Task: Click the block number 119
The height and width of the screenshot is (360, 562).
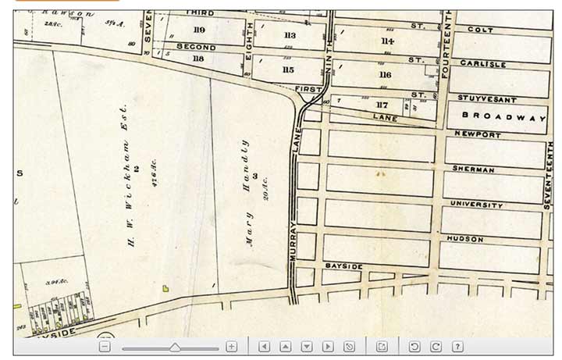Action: coord(199,30)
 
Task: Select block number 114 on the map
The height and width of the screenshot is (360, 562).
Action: coord(386,41)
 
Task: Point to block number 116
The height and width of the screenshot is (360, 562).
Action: coord(384,75)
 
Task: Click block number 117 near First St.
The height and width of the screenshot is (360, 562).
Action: coord(382,104)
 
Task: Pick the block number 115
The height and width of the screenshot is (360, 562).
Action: coord(288,70)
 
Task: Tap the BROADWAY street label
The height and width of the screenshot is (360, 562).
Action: coord(503,117)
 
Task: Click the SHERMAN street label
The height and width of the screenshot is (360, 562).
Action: coord(473,169)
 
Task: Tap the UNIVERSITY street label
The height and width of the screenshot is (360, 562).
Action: coord(476,205)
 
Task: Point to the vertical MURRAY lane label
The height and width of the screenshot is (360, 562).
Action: coord(295,242)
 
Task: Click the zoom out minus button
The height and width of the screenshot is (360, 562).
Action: coord(105,346)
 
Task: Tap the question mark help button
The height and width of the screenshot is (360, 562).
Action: coord(457,346)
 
